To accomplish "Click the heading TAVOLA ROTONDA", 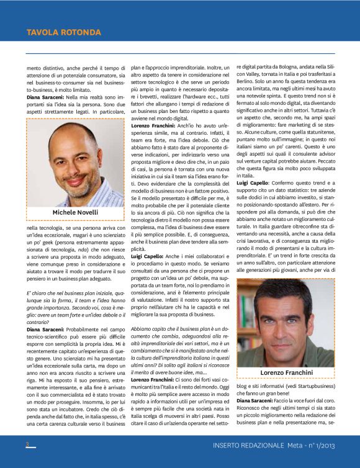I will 63,32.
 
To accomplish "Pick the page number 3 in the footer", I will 27,444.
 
